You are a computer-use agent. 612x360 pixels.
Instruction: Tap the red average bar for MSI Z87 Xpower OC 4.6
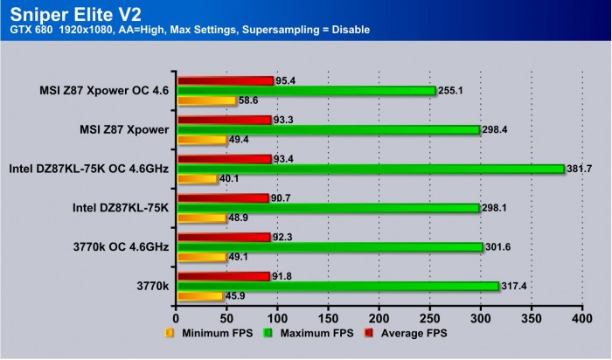tap(226, 80)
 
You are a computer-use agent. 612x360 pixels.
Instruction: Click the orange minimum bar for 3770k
tap(199, 296)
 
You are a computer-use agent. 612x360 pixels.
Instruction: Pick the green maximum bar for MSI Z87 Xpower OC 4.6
tap(306, 91)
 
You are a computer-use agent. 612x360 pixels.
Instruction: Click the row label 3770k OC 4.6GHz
tap(122, 246)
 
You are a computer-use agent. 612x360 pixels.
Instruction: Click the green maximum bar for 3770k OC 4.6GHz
tap(330, 247)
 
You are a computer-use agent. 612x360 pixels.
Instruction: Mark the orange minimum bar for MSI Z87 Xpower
tap(201, 140)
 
